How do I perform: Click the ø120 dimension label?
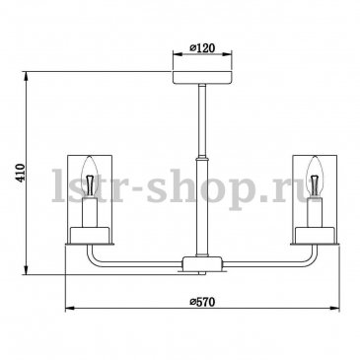point(202,47)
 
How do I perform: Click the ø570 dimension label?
point(202,302)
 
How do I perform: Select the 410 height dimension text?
point(21,173)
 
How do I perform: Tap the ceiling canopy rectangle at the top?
point(202,77)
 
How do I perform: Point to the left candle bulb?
point(90,177)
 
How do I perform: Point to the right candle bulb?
point(315,177)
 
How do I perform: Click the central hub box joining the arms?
point(202,262)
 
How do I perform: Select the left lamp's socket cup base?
point(90,235)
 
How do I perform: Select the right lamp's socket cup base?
point(315,235)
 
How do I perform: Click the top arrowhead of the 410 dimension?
point(26,76)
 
